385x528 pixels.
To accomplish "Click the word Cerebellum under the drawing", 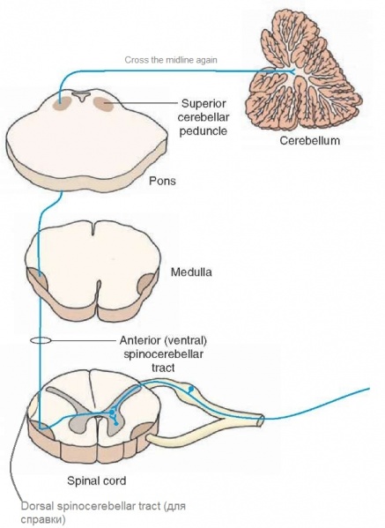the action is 309,140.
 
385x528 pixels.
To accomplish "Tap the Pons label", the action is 162,181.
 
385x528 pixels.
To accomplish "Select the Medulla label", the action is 191,271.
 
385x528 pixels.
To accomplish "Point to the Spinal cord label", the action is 97,480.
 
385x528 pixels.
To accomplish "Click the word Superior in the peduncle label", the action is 204,103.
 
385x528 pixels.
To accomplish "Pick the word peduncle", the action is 203,130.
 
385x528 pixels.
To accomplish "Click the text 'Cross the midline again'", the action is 171,60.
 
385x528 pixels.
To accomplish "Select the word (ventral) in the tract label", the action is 185,341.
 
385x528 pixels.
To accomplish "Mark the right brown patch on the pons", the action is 104,104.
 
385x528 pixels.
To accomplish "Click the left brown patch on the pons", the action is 62,104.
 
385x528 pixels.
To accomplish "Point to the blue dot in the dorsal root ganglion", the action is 191,390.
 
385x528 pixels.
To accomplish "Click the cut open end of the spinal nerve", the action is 261,420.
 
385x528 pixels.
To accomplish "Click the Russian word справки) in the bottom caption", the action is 43,519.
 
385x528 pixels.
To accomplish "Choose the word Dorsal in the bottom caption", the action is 38,506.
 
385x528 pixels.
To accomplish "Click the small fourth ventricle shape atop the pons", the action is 82,96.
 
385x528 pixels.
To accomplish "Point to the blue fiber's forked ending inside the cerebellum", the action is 292,71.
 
